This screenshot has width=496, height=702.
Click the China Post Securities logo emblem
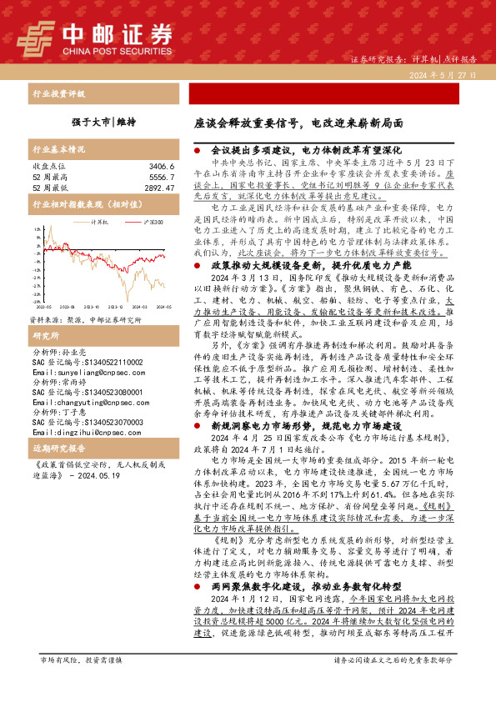pos(38,37)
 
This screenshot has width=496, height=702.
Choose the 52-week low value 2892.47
pos(157,188)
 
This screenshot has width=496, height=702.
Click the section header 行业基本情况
pos(59,150)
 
